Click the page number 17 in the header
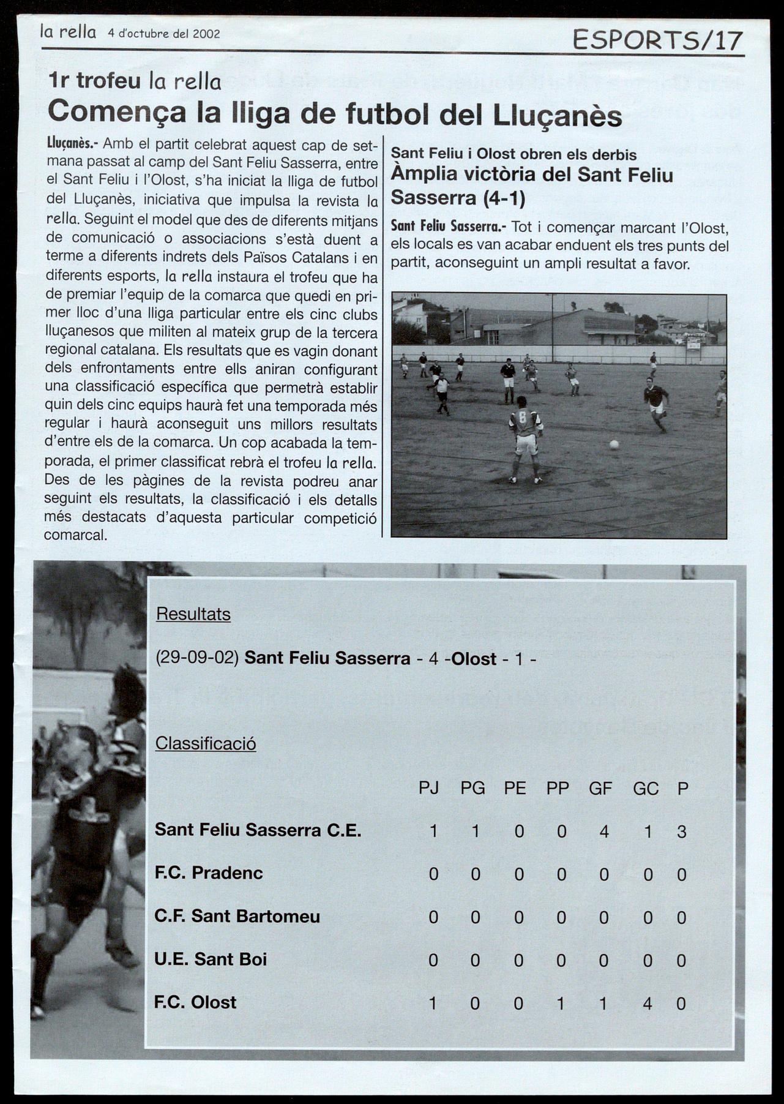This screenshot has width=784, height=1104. [x=728, y=40]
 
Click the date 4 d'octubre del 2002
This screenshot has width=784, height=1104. [x=163, y=34]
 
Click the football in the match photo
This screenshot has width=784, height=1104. [x=614, y=444]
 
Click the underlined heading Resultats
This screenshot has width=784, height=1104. [x=193, y=614]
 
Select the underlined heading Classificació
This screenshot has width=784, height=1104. [x=206, y=743]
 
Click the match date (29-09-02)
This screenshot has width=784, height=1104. [x=197, y=658]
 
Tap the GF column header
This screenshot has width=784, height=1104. [x=600, y=788]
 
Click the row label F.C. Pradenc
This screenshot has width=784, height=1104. [x=209, y=873]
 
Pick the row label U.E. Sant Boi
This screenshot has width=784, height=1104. [x=211, y=958]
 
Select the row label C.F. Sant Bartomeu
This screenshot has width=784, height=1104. [x=237, y=916]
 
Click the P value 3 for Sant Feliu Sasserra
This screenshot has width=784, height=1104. [x=682, y=832]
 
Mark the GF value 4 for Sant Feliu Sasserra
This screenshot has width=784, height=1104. [x=604, y=831]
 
